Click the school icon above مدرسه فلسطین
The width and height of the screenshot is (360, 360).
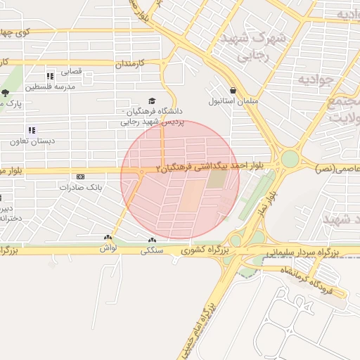pyautogui.click(x=49, y=76)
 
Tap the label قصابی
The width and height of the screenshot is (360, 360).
pyautogui.click(x=73, y=71)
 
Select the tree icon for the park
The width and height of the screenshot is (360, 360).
pyautogui.click(x=6, y=93)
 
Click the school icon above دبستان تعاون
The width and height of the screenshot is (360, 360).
pyautogui.click(x=32, y=130)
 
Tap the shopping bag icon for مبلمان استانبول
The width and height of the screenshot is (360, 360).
pyautogui.click(x=232, y=89)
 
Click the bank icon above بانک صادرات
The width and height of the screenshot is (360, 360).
pyautogui.click(x=80, y=176)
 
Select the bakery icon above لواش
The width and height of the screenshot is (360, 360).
pyautogui.click(x=108, y=238)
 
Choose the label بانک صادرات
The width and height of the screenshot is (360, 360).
pyautogui.click(x=81, y=188)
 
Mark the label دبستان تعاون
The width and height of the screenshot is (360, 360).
pyautogui.click(x=32, y=141)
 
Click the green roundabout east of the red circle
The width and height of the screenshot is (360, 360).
pyautogui.click(x=289, y=158)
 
